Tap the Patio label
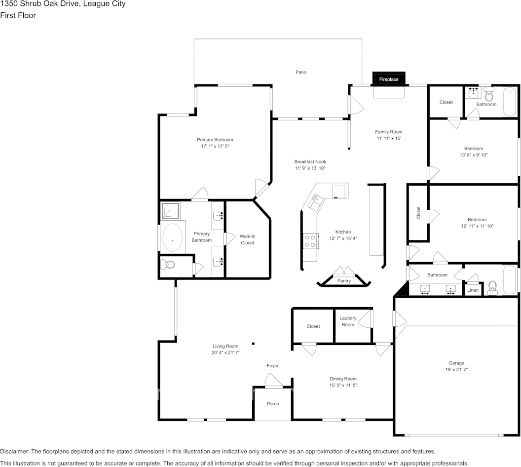[x=300, y=72]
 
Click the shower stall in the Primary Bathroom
[x=170, y=211]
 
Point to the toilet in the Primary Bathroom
[x=168, y=265]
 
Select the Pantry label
[x=344, y=281]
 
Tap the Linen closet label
[x=473, y=290]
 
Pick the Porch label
[x=273, y=404]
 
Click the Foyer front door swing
[x=273, y=381]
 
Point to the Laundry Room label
[x=348, y=321]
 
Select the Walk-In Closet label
[x=247, y=239]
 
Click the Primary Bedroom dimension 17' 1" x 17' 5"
[x=215, y=147]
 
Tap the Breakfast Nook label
[x=310, y=161]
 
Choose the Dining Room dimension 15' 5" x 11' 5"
[x=343, y=385]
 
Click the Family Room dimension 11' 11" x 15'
[x=388, y=139]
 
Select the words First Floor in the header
[x=18, y=15]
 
